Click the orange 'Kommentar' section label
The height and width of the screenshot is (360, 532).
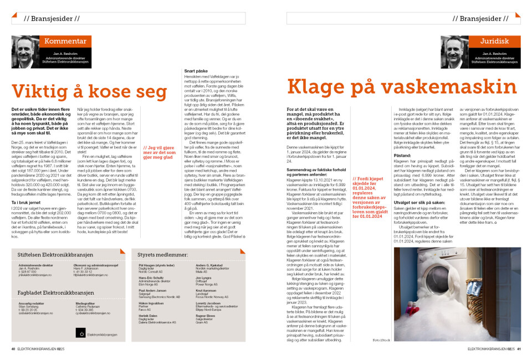click(x=65, y=42)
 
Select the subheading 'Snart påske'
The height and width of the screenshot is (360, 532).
click(x=195, y=71)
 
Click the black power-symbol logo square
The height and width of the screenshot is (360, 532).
click(x=81, y=333)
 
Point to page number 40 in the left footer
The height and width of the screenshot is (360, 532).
click(x=13, y=349)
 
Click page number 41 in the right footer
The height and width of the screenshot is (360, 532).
click(x=519, y=349)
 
